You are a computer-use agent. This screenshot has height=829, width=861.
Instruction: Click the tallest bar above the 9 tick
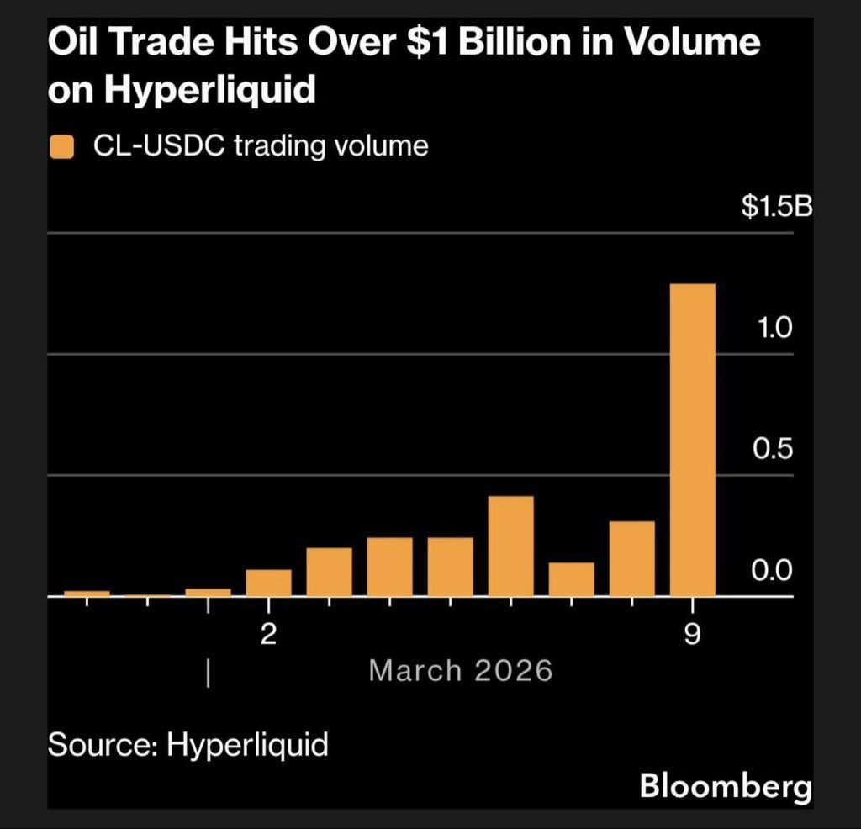click(692, 440)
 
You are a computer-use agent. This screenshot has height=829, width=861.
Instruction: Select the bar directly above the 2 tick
click(268, 583)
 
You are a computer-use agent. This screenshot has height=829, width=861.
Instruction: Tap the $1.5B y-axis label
click(776, 208)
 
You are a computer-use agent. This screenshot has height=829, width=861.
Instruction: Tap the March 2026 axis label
click(461, 671)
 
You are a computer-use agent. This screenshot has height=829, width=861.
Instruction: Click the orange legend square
click(62, 148)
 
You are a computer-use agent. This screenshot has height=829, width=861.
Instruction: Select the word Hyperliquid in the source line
click(247, 745)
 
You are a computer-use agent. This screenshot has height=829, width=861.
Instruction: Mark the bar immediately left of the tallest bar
click(631, 558)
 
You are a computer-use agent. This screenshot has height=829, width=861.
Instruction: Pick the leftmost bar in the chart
click(87, 593)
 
